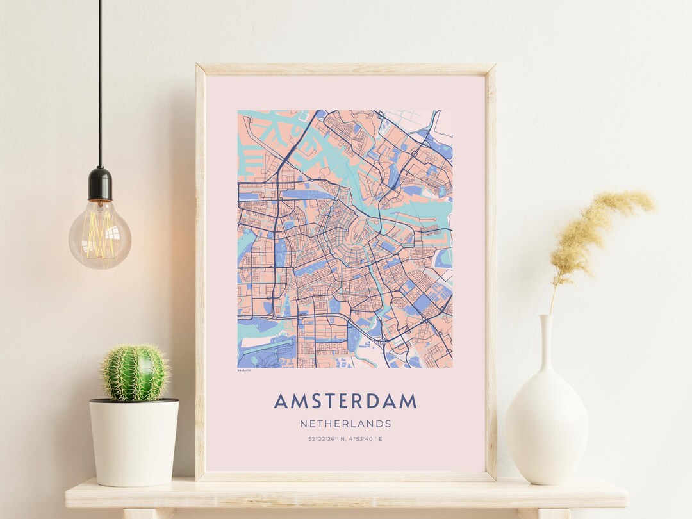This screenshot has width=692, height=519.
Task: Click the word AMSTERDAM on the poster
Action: point(345,401)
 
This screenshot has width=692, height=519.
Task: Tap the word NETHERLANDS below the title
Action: point(345,424)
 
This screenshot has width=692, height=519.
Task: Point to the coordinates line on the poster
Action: point(345,439)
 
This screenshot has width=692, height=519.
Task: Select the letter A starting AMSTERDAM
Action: point(281,401)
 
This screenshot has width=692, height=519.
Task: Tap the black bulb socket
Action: point(100,183)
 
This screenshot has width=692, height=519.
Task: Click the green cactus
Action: point(135,373)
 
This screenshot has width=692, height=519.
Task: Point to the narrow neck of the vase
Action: point(546,340)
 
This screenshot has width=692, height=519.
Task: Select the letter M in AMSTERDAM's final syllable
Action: point(407,401)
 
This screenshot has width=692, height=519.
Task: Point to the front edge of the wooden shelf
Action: point(346,500)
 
